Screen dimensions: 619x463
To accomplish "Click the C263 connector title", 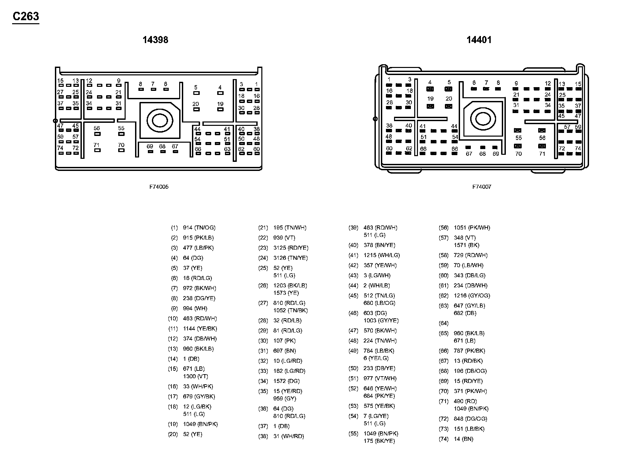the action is (x=26, y=16).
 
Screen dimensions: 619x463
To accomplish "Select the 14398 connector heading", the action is (x=155, y=40).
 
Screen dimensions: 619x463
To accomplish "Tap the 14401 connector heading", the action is (x=479, y=40).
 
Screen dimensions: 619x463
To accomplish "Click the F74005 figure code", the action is (x=159, y=187).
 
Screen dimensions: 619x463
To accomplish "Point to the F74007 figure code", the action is (x=482, y=187).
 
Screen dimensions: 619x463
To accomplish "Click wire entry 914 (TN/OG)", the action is (x=199, y=228).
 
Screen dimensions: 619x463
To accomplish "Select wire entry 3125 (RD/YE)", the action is (x=291, y=248).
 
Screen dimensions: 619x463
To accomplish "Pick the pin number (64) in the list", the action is (x=444, y=323).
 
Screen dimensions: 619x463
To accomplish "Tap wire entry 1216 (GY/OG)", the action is (x=472, y=296).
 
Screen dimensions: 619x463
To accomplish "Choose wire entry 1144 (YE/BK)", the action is (x=200, y=329).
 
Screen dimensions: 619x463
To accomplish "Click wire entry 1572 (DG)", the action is (x=286, y=381).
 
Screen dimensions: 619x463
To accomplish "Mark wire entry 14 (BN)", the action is (x=463, y=439).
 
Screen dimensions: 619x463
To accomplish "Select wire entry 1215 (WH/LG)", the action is (x=382, y=255).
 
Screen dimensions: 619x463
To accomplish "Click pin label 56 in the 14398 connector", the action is (x=97, y=128).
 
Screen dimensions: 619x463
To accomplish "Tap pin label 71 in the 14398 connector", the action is (x=97, y=145).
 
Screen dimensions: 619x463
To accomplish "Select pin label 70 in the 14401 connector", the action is (x=518, y=154).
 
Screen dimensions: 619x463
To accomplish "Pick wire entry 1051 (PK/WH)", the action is (x=472, y=228).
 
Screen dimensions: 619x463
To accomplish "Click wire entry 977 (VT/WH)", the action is (x=380, y=379).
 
